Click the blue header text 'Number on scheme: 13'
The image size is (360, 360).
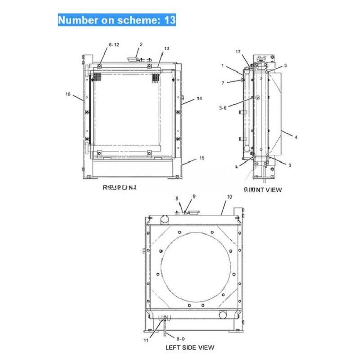(117, 20)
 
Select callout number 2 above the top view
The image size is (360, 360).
(141, 44)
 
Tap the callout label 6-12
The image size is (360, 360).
(114, 45)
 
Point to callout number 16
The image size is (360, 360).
(68, 94)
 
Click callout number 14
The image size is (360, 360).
(199, 98)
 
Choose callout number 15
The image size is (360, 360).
(201, 158)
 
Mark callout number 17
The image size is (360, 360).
(238, 52)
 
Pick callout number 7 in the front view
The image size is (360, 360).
(223, 83)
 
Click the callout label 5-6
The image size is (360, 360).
(223, 108)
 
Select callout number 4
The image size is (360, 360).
(296, 137)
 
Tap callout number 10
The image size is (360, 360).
(229, 196)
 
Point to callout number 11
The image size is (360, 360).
(146, 340)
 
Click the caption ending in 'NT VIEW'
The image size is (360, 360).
(263, 190)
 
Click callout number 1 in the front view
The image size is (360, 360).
(223, 66)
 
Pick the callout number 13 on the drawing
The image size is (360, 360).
(166, 48)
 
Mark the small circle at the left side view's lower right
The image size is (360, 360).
(223, 314)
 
